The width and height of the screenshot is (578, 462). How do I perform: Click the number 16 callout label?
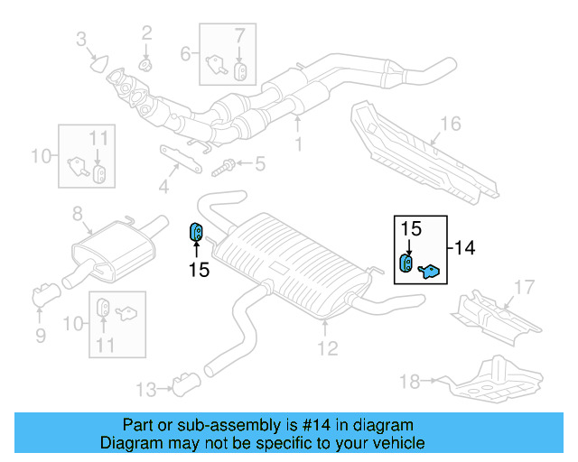click(450, 124)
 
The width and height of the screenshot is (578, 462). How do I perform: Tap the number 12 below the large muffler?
click(328, 347)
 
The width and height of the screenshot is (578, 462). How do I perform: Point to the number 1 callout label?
click(299, 143)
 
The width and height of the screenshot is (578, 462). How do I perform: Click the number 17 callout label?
click(525, 289)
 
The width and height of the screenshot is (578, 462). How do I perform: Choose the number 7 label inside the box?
click(239, 36)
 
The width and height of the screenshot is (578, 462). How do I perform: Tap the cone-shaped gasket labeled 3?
click(98, 62)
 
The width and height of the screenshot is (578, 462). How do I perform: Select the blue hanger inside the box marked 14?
click(407, 263)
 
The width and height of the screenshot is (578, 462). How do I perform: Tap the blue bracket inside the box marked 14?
click(430, 269)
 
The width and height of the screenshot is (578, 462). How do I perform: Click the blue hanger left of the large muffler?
click(195, 233)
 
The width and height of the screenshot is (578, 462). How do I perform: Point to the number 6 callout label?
click(185, 54)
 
